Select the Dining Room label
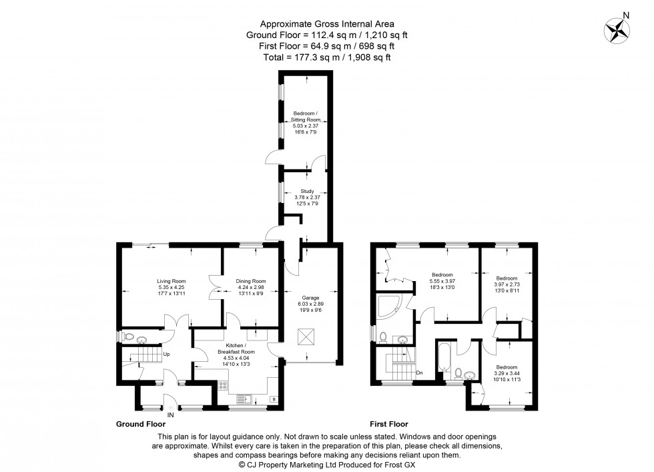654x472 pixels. (x=251, y=281)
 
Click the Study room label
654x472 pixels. (x=307, y=191)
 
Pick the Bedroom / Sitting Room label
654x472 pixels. (x=307, y=116)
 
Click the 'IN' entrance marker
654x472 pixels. (x=171, y=415)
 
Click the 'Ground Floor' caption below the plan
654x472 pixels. (x=141, y=424)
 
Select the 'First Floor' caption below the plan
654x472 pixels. (x=388, y=424)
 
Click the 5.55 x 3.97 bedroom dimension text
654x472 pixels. (x=442, y=281)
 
